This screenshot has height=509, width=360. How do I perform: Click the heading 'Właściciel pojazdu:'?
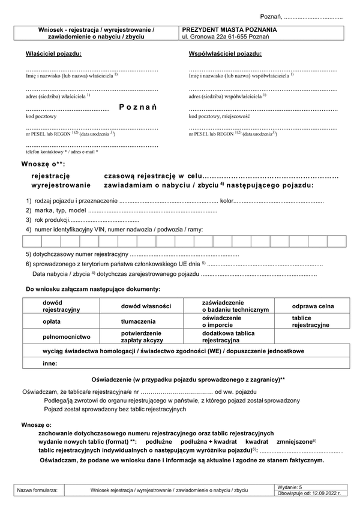[53, 54]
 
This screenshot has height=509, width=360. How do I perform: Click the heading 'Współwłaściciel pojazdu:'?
[225, 54]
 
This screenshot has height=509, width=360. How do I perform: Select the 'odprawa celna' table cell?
[313, 306]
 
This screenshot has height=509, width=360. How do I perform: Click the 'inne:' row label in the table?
[50, 363]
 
